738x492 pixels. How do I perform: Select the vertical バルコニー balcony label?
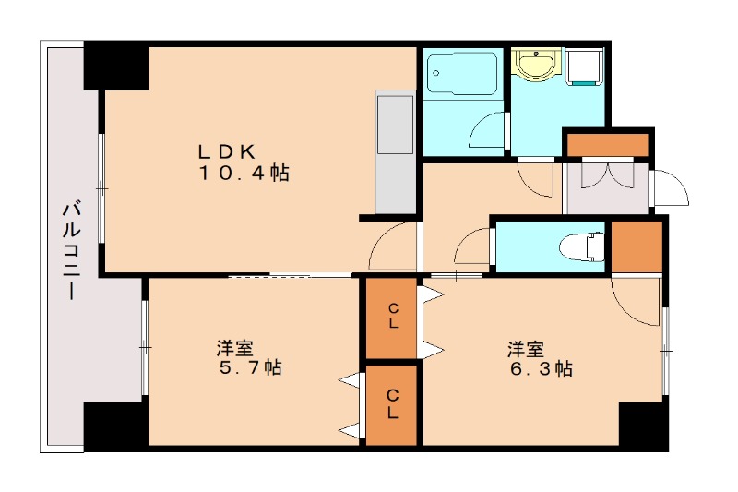tap(69, 248)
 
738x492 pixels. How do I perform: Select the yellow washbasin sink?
tap(535, 66)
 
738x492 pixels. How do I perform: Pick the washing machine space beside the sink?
tap(583, 67)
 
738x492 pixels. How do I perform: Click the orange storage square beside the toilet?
tap(637, 246)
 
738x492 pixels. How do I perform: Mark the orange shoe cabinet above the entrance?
tap(607, 146)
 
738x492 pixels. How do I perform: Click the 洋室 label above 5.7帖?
tap(235, 348)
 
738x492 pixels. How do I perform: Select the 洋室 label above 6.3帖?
tap(525, 350)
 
